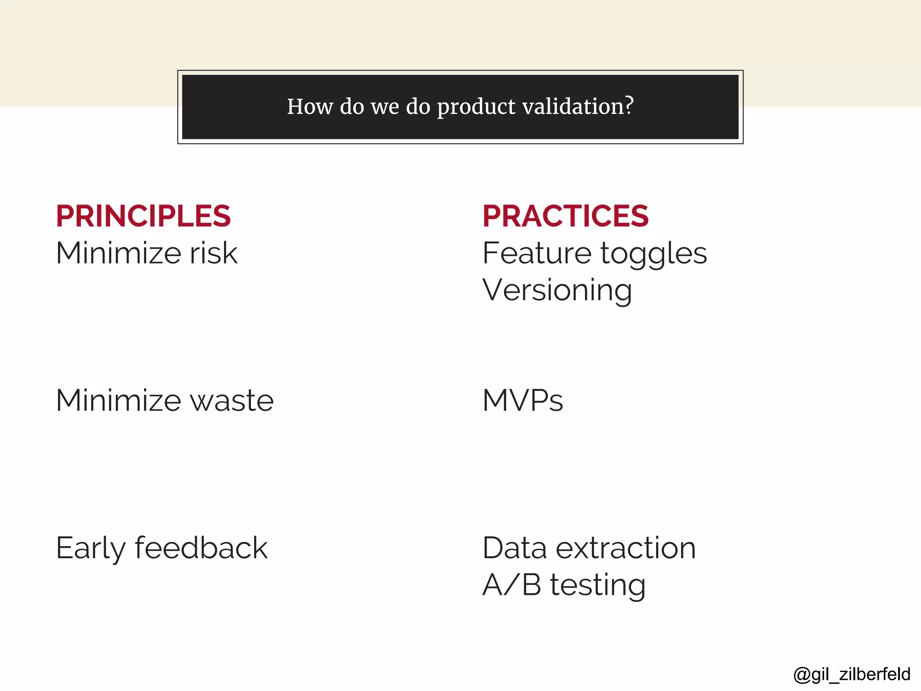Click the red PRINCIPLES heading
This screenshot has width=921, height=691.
click(143, 216)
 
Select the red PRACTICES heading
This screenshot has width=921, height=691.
click(565, 216)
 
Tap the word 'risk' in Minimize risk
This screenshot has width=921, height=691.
click(213, 253)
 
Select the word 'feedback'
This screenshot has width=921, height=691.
click(201, 548)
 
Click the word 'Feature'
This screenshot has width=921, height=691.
click(537, 253)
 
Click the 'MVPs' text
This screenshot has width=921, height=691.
click(523, 401)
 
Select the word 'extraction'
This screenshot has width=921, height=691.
click(626, 548)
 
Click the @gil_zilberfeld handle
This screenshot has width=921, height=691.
click(852, 674)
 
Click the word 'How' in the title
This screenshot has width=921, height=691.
click(310, 107)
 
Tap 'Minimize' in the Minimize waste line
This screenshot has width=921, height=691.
click(119, 401)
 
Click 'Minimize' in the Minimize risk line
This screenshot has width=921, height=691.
click(119, 253)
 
